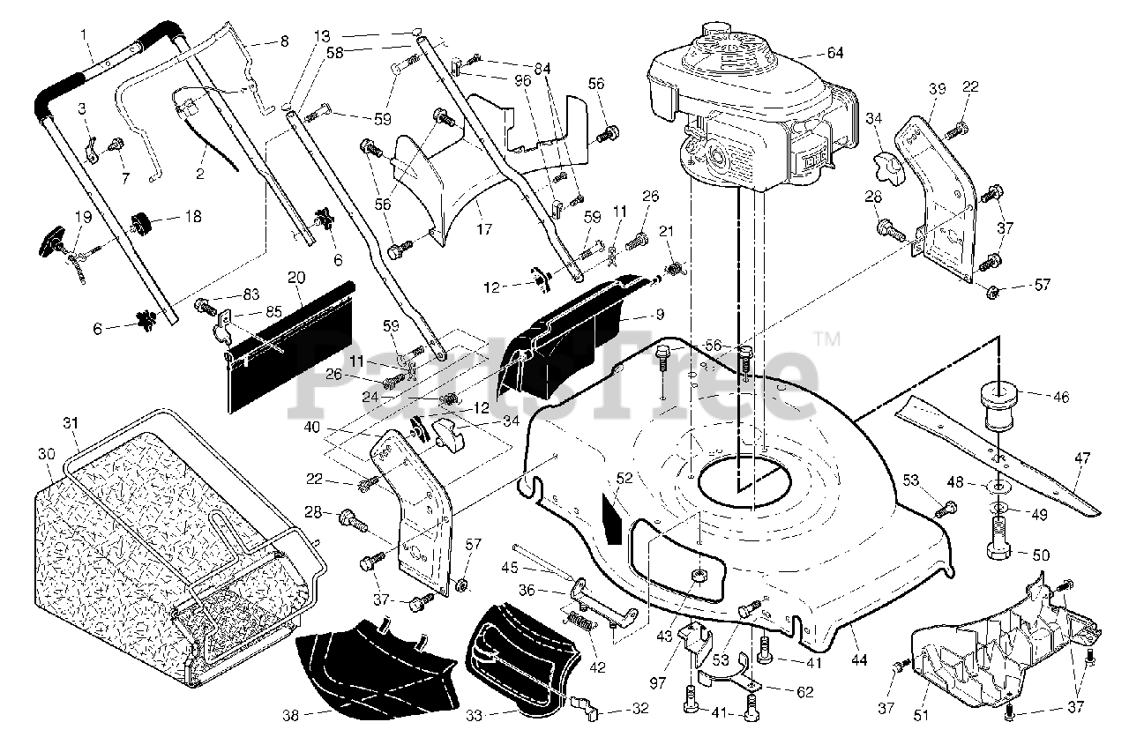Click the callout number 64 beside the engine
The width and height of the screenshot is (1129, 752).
coord(834,53)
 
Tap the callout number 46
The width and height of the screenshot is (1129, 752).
coord(1060,398)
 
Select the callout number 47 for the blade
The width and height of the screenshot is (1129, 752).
coord(1082,458)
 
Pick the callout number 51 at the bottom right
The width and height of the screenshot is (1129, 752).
coord(921,716)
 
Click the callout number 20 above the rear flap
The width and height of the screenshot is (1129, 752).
coord(296,279)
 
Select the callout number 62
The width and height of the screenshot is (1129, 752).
coord(804,692)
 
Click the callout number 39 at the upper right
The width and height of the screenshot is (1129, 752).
coord(936,89)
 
